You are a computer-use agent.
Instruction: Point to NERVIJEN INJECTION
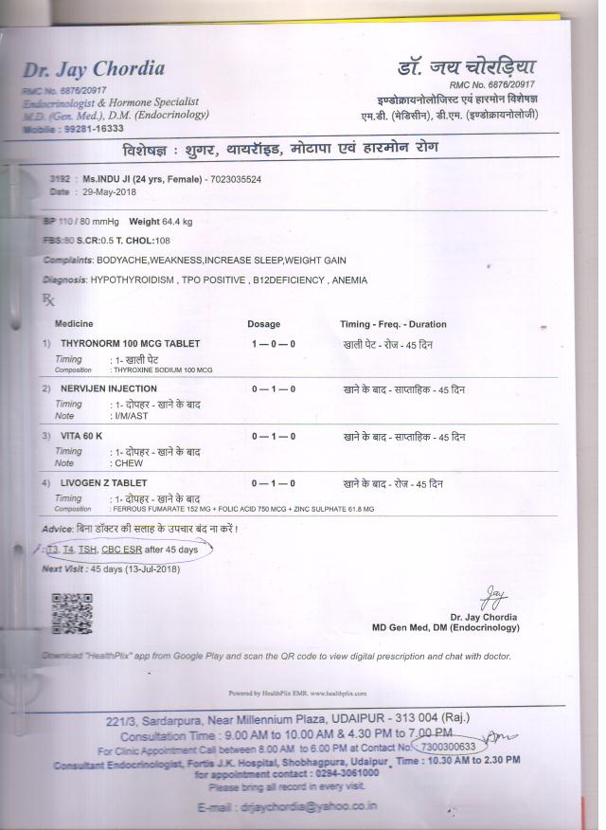108,389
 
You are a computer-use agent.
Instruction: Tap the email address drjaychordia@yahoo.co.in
302,805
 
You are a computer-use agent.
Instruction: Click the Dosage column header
264,324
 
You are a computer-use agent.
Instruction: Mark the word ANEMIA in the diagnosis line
348,280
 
